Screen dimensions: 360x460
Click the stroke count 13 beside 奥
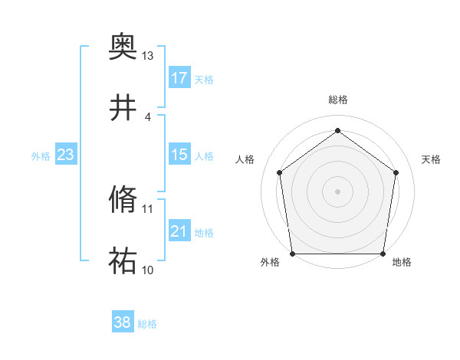coord(148,56)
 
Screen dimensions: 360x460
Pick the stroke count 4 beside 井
coord(148,116)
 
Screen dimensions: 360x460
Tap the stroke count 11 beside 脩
coord(148,208)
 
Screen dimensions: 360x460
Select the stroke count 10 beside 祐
coord(148,270)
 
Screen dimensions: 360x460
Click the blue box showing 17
coord(179,78)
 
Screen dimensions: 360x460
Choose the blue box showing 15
coord(179,155)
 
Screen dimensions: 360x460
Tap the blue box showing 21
coord(179,231)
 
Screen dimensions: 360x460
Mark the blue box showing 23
coord(66,155)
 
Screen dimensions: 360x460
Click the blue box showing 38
coord(123,323)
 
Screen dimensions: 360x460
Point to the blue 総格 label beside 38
coord(147,324)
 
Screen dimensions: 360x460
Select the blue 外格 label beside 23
coord(41,155)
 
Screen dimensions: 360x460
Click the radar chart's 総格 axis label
coord(337,100)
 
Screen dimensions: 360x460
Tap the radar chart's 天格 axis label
coord(431,159)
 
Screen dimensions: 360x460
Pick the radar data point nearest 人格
coord(279,172)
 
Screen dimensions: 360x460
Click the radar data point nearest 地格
coord(382,254)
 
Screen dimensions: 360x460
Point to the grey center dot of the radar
coord(337,191)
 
